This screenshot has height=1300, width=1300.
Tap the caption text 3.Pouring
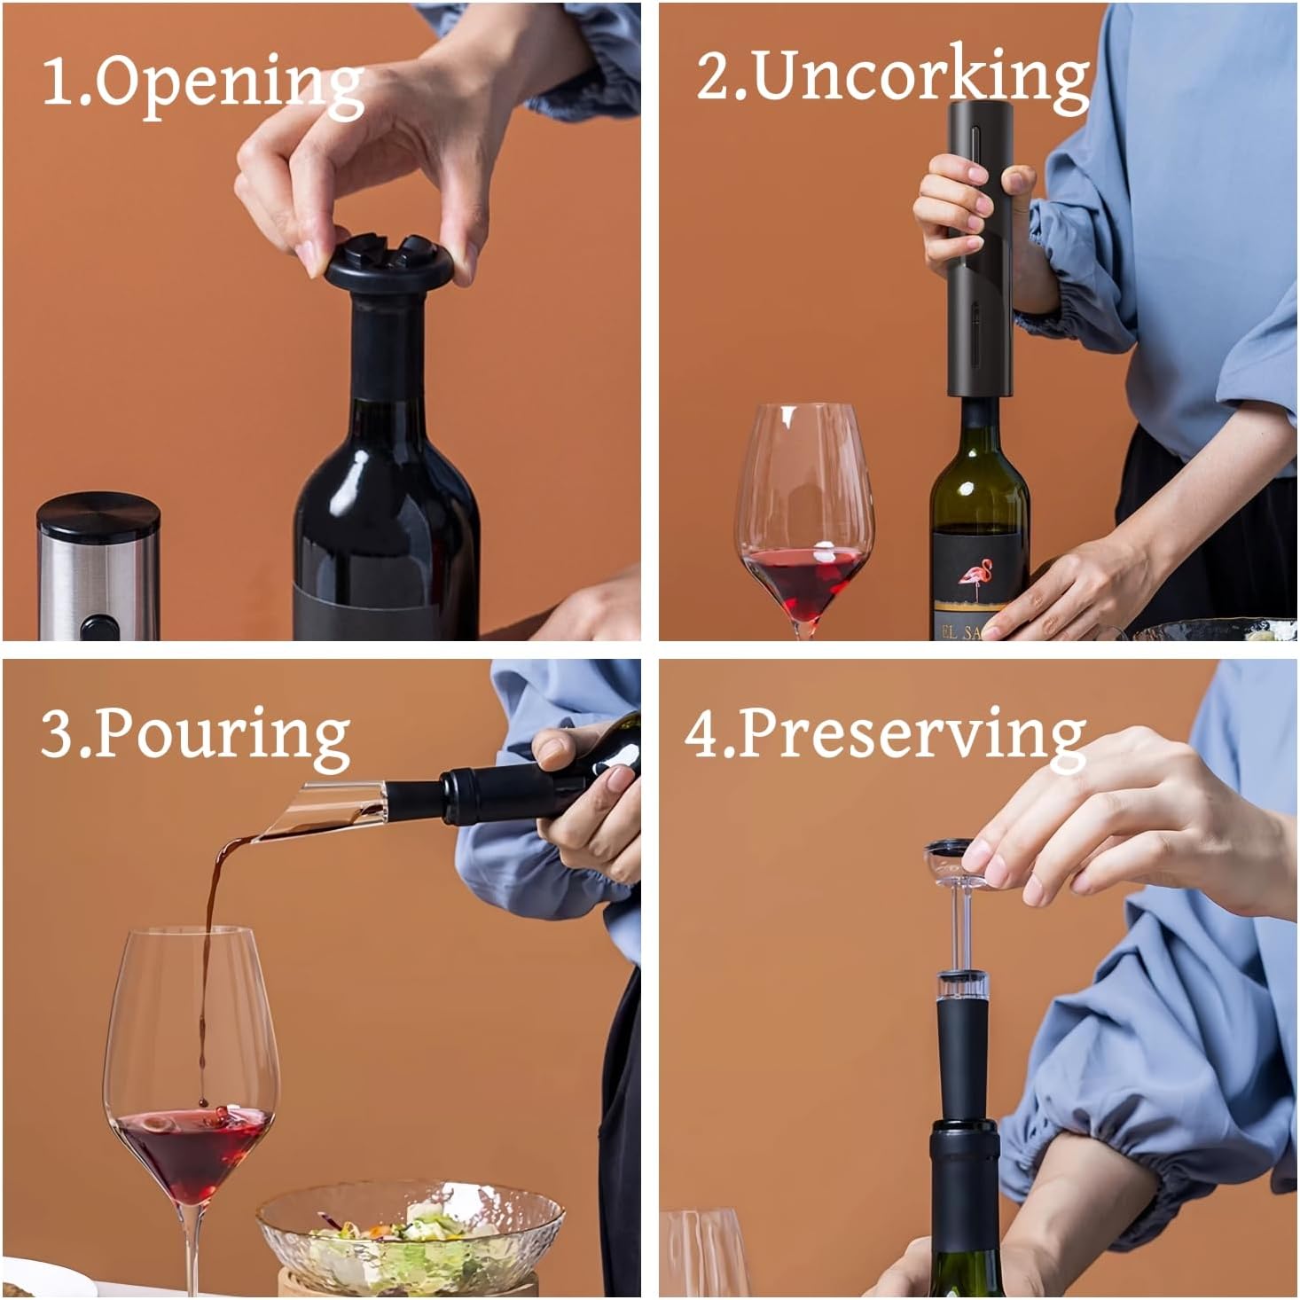195,736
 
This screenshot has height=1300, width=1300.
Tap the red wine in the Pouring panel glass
191,1153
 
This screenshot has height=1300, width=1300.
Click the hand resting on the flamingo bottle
1077,585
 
